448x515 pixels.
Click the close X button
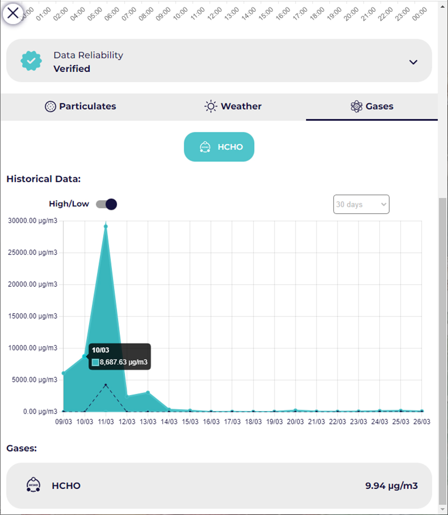(x=13, y=13)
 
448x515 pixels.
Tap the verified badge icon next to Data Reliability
(x=31, y=61)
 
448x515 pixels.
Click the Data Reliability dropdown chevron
(x=413, y=62)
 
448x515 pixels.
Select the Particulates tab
(x=80, y=106)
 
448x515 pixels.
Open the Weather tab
(x=233, y=106)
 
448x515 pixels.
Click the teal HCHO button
(x=219, y=147)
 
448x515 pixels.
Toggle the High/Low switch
(x=106, y=204)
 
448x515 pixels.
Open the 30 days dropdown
(x=361, y=204)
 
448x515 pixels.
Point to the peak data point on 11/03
(x=106, y=226)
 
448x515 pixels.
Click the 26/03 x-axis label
(x=422, y=422)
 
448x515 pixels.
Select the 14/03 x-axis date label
(x=169, y=422)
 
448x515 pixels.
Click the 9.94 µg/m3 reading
(x=391, y=485)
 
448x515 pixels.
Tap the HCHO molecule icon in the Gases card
(x=33, y=485)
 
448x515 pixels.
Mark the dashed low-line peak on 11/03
(x=106, y=385)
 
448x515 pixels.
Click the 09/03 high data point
(x=63, y=373)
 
